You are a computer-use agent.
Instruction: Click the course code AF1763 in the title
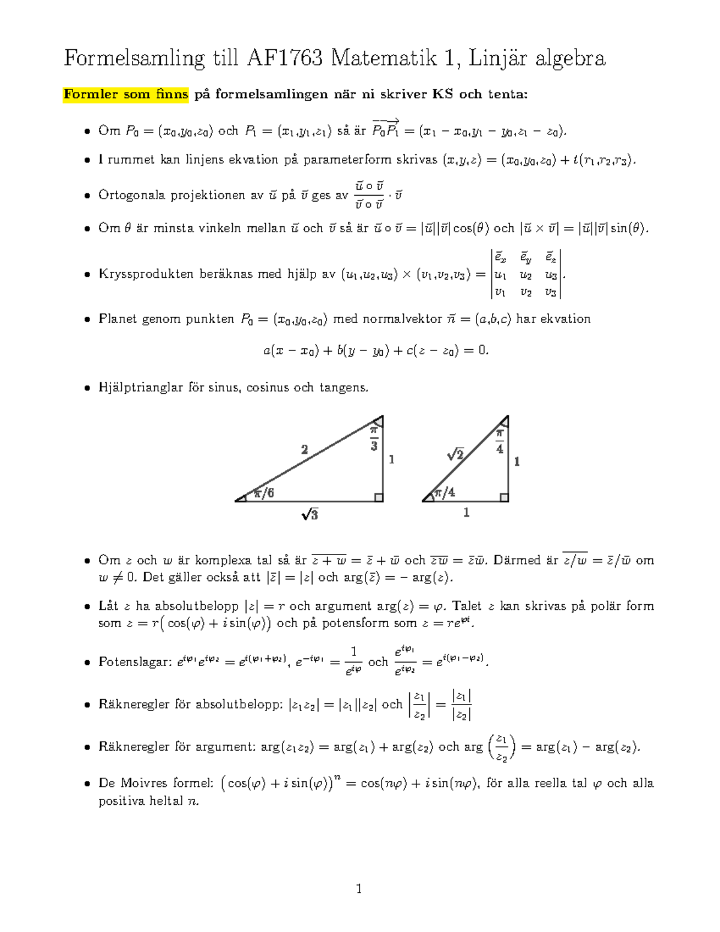pyautogui.click(x=284, y=58)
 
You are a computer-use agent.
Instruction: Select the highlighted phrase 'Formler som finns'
pyautogui.click(x=126, y=94)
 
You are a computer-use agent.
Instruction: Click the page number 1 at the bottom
pyautogui.click(x=359, y=889)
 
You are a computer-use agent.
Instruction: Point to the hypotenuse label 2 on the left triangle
pyautogui.click(x=305, y=449)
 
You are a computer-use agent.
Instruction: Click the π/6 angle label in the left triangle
pyautogui.click(x=263, y=493)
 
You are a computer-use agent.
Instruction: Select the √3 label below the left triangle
pyautogui.click(x=310, y=514)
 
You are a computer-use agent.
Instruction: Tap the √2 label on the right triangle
pyautogui.click(x=455, y=455)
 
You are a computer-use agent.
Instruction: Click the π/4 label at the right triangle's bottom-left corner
pyautogui.click(x=445, y=493)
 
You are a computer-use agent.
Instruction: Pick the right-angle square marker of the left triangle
pyautogui.click(x=379, y=497)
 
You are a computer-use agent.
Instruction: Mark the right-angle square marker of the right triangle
pyautogui.click(x=504, y=497)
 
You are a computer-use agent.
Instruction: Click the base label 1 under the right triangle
pyautogui.click(x=466, y=513)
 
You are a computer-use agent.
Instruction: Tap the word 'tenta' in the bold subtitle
pyautogui.click(x=508, y=94)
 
